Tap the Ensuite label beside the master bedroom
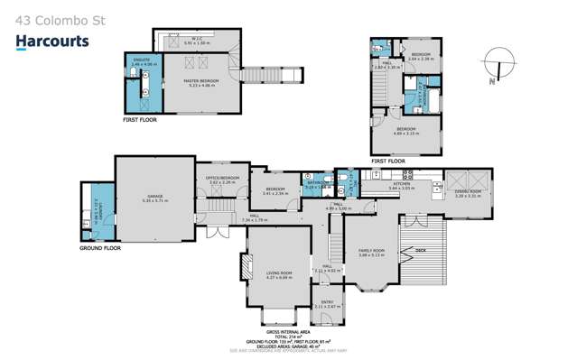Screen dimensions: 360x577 coord(143,63)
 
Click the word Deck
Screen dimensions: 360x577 coord(419,250)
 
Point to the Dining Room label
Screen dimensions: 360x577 coord(468,193)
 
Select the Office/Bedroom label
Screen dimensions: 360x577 coord(224,179)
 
